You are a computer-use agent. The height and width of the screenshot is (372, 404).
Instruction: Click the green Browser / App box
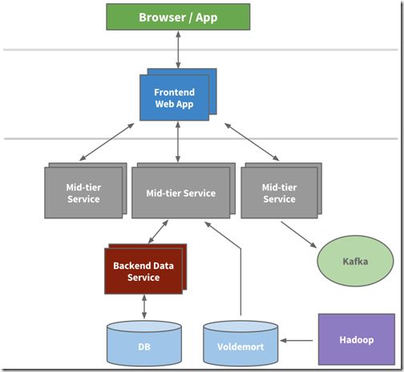(178, 17)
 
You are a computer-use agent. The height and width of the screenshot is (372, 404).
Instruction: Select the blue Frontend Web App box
(174, 98)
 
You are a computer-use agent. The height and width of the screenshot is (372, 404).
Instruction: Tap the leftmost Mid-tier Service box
(83, 193)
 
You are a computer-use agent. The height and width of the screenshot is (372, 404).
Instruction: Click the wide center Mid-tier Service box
(181, 193)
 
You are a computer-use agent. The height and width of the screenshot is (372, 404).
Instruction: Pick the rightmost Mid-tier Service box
(279, 193)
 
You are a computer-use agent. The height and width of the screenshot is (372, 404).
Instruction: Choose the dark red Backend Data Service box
(143, 271)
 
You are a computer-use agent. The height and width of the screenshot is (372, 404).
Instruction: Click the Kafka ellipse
(355, 261)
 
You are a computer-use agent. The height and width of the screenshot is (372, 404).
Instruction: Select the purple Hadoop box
(357, 339)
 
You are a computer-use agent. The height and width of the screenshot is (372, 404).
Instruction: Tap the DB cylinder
(144, 343)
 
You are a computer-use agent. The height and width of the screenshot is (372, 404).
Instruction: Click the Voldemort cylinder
(240, 343)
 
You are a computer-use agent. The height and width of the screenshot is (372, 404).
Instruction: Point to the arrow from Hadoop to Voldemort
(297, 341)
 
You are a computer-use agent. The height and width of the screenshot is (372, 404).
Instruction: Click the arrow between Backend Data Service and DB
(144, 306)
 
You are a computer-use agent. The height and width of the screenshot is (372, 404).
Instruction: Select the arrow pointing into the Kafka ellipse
(299, 234)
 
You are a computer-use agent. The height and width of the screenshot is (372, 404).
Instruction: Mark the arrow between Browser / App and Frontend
(178, 50)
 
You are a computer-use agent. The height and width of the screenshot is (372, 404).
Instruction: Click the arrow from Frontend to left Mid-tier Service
(107, 142)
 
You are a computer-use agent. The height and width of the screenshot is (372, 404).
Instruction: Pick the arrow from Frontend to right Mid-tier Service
(252, 142)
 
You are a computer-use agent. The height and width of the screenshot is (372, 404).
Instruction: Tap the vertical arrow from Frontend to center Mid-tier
(178, 142)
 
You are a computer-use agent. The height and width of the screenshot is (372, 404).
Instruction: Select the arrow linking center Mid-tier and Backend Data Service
(158, 231)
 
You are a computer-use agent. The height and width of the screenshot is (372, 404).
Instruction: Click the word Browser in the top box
(162, 18)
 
